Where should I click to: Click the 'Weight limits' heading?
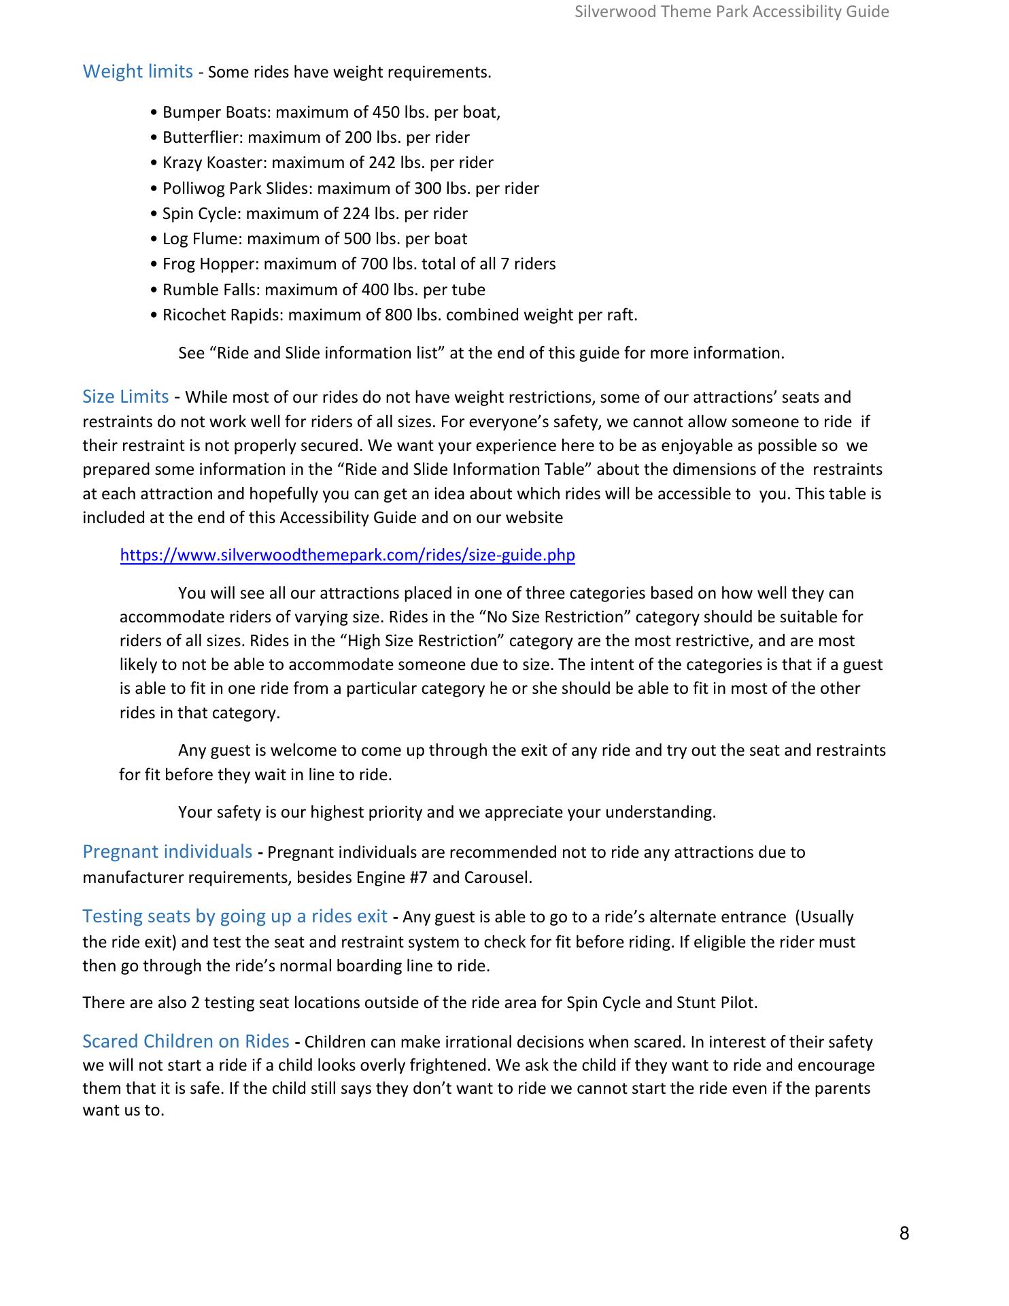(x=137, y=71)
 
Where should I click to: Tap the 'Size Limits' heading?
(x=125, y=397)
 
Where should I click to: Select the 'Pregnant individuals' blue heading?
(x=167, y=852)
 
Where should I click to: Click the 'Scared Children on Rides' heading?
(x=186, y=1041)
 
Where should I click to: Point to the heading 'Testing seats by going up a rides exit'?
(x=235, y=916)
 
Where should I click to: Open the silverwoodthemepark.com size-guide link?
(x=347, y=555)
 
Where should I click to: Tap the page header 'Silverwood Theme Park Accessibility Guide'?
(x=732, y=12)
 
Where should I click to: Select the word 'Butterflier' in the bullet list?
(x=202, y=137)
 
